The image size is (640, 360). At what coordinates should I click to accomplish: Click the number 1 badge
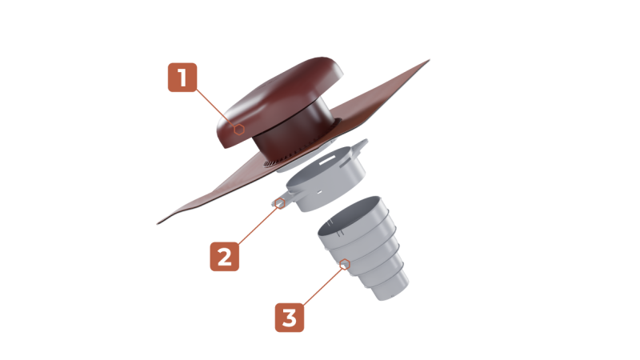(x=182, y=77)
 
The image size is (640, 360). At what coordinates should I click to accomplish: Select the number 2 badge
(x=225, y=256)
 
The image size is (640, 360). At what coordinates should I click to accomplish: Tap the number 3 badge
(x=290, y=317)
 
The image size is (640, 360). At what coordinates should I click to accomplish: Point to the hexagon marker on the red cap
(x=239, y=130)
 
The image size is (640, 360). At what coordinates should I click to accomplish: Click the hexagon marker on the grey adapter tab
(x=280, y=203)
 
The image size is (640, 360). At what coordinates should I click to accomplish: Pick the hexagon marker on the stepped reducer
(x=345, y=264)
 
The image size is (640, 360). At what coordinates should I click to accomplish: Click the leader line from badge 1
(x=216, y=108)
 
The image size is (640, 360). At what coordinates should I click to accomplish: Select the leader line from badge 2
(x=258, y=225)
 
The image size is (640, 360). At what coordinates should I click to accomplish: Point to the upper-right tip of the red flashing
(x=430, y=60)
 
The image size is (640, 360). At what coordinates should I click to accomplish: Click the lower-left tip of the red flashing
(x=158, y=223)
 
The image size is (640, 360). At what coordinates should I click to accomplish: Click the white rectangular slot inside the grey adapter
(x=327, y=162)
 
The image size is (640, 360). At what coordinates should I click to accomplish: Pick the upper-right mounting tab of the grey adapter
(x=358, y=146)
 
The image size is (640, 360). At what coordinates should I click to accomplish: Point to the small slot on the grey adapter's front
(x=319, y=192)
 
